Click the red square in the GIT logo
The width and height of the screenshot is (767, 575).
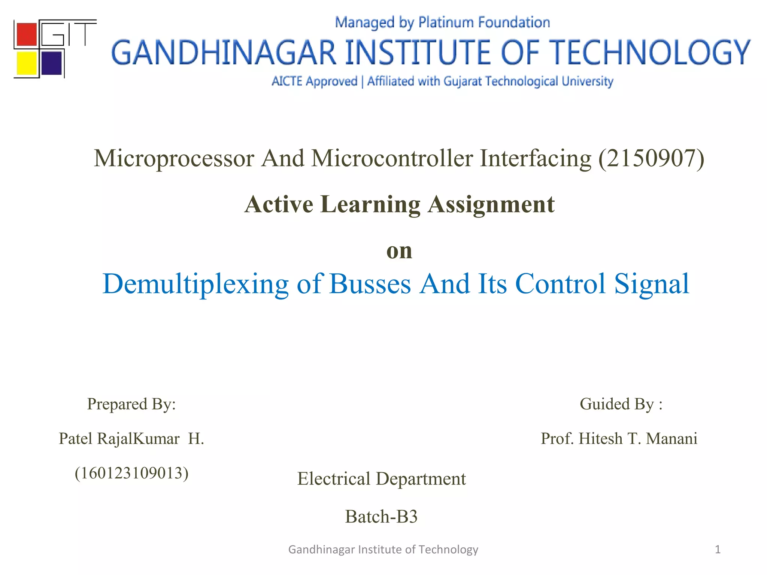pos(27,34)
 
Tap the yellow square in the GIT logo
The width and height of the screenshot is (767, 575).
pos(27,63)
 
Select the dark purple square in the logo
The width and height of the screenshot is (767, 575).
pos(51,63)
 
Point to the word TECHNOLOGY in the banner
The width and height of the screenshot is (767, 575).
pos(651,53)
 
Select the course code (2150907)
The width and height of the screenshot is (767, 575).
pos(651,158)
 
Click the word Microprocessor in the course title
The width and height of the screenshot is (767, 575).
pos(174,158)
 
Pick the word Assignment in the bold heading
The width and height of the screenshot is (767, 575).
pos(491,204)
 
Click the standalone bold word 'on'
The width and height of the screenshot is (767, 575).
pos(399,250)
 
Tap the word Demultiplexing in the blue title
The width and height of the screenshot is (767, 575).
pos(195,284)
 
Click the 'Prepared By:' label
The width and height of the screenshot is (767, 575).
pos(131,404)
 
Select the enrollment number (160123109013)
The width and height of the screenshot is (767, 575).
pos(131,473)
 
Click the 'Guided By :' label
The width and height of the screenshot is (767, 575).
pos(621,404)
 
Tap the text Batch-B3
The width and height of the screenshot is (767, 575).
pos(381,517)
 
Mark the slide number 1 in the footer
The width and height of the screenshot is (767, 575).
pos(718,549)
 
